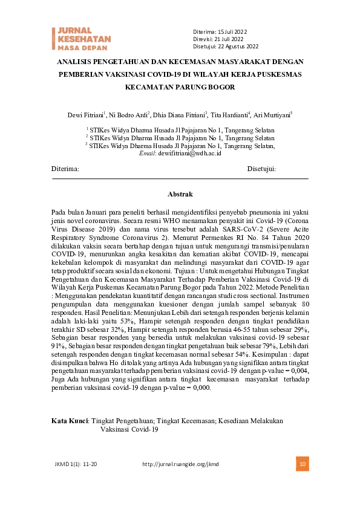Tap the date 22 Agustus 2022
point(238,47)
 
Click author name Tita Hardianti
point(231,114)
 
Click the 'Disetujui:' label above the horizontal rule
point(261,169)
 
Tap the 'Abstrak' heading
point(180,195)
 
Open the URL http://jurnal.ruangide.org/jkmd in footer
point(180,464)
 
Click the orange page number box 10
point(302,464)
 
